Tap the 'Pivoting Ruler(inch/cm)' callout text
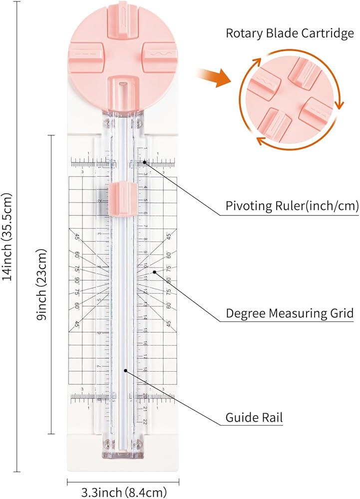click(x=292, y=206)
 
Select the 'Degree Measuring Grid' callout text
click(x=290, y=313)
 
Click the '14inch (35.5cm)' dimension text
click(x=8, y=237)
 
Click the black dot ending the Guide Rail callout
click(x=125, y=370)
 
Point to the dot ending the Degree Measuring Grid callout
click(x=155, y=272)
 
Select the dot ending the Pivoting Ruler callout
click(x=145, y=162)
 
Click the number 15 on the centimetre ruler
click(x=145, y=330)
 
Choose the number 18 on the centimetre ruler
click(x=145, y=370)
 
